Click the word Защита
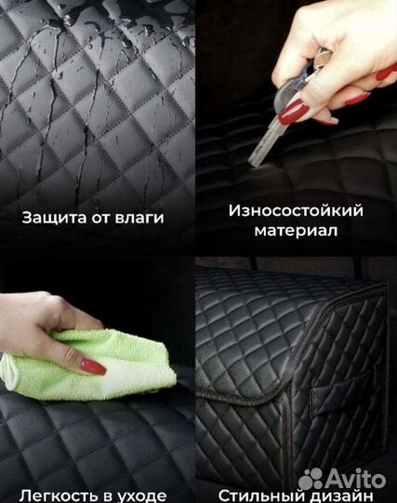[x=55, y=218]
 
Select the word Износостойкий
[x=296, y=211]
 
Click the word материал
[x=296, y=230]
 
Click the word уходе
[x=141, y=496]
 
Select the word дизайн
[x=339, y=496]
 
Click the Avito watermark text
[x=355, y=479]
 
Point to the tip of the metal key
[x=253, y=164]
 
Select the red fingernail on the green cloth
[x=93, y=366]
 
